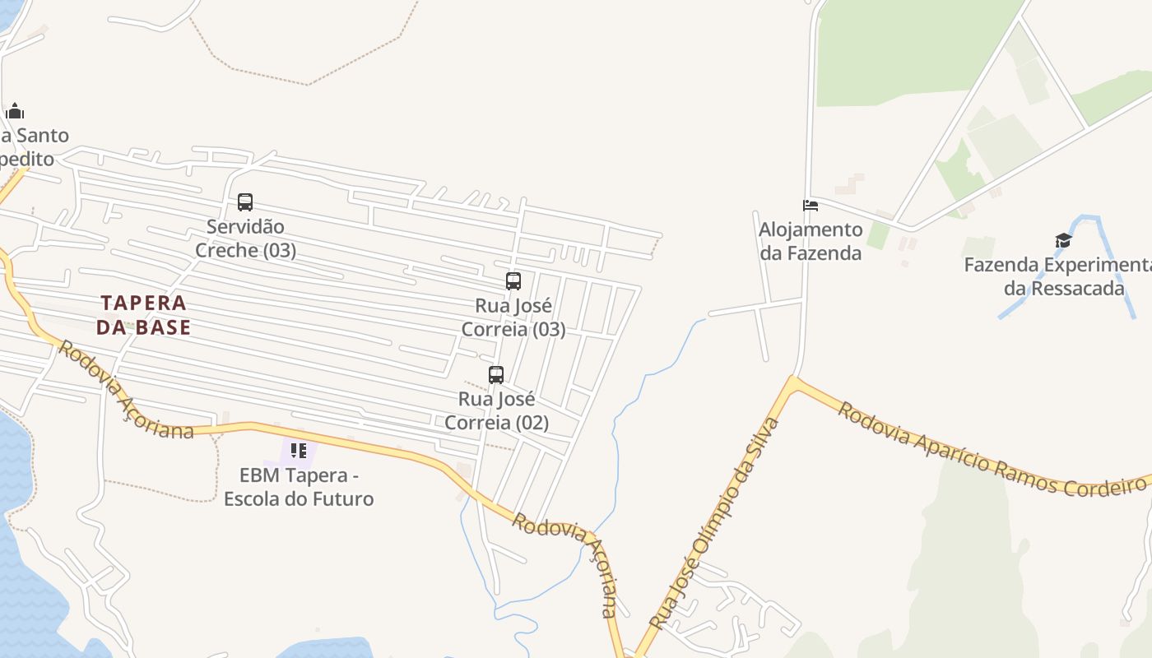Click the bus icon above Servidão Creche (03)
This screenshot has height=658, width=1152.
[x=244, y=202]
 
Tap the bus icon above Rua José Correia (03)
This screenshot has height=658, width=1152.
[x=513, y=281]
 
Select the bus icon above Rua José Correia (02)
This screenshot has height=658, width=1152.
[x=495, y=375]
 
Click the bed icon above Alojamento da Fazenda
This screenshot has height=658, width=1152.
[x=811, y=205]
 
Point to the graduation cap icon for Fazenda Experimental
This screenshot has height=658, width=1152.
[x=1063, y=241]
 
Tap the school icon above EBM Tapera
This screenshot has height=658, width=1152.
[x=298, y=451]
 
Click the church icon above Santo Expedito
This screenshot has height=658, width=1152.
[x=15, y=112]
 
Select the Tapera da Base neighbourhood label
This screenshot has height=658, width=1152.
[x=144, y=315]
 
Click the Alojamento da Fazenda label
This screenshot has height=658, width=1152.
[x=811, y=241]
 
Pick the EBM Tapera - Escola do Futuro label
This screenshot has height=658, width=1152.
[x=299, y=487]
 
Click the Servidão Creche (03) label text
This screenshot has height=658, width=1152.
[x=245, y=239]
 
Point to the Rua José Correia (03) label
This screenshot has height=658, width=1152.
[x=513, y=317]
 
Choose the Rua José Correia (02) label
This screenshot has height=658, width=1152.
[x=496, y=411]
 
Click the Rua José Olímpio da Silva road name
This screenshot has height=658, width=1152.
[x=714, y=523]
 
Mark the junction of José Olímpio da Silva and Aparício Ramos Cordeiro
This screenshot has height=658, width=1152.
[x=792, y=380]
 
